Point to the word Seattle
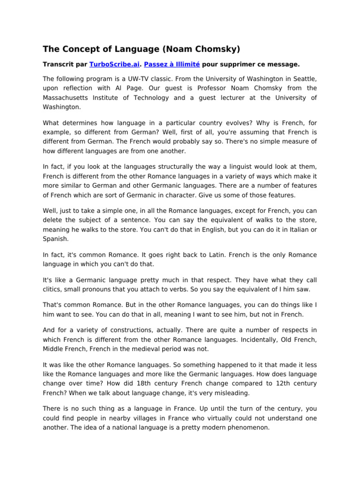(304, 79)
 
